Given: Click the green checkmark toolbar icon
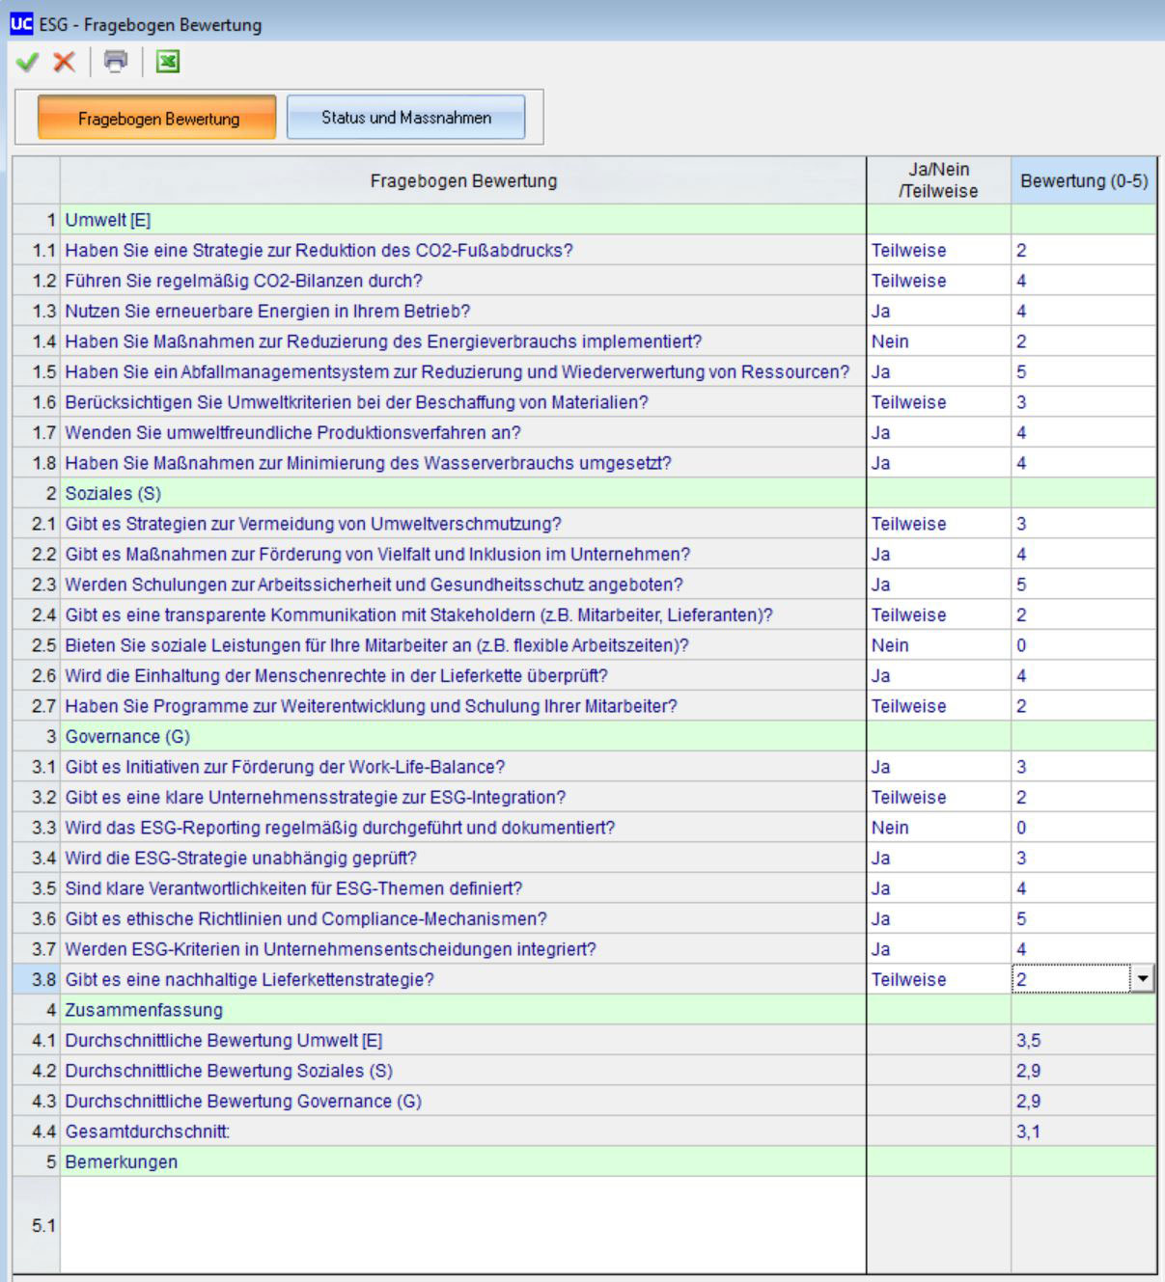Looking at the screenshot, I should tap(27, 63).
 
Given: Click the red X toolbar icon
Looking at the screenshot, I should tap(64, 63).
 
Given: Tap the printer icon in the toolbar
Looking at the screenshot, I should tap(116, 62).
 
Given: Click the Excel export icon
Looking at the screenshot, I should tap(168, 63).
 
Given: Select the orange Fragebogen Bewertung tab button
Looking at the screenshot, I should tap(157, 118).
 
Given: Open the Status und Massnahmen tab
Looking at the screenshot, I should tap(405, 118).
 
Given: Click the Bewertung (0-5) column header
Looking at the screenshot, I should tap(1083, 180).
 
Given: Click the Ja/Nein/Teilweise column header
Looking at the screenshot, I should tap(938, 180).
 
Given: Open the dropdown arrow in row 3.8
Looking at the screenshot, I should tap(1143, 979).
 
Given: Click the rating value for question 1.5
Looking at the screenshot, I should tap(1021, 372).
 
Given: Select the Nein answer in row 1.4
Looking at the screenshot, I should tap(890, 341).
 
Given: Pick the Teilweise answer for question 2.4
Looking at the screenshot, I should tap(908, 614).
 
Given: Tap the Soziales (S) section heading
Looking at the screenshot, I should tap(113, 493).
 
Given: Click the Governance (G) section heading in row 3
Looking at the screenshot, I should tap(127, 736).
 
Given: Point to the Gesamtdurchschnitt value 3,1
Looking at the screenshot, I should tap(1028, 1132).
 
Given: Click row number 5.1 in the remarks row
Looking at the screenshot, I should tap(43, 1225).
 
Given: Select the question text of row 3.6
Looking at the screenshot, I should tap(306, 918).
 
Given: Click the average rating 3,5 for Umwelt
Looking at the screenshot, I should tap(1028, 1040).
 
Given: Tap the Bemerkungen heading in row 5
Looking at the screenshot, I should tap(122, 1161).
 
